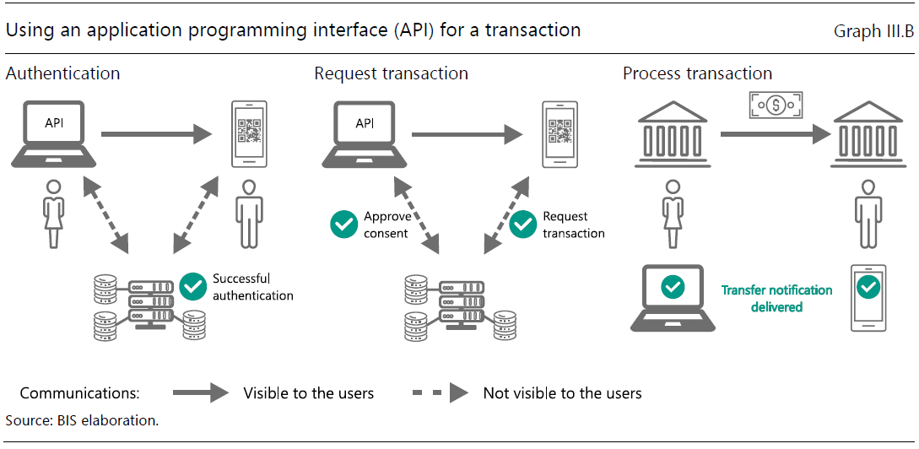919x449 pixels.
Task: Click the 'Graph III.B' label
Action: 873,32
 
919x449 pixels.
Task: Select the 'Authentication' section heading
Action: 62,73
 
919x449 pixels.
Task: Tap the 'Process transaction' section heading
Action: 697,73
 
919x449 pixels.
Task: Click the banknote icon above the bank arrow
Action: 776,105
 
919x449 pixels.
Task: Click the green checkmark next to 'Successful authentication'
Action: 193,287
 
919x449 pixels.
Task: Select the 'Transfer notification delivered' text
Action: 776,299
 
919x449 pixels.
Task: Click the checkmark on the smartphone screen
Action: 868,287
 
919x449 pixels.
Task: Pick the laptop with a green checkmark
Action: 673,299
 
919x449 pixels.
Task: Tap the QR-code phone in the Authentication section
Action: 249,135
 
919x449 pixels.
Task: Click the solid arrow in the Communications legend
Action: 201,392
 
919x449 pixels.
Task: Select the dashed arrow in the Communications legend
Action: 441,392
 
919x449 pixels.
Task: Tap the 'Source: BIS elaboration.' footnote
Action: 83,420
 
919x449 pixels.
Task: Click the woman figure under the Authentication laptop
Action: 54,213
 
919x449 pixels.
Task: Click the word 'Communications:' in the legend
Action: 79,392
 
